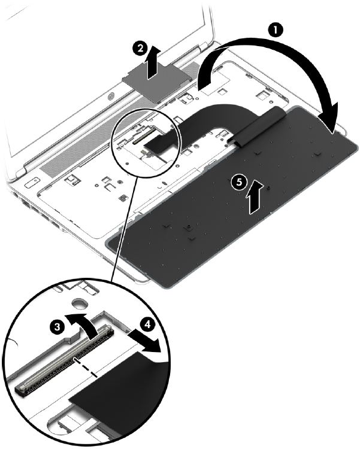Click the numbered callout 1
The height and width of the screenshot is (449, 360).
coord(275,30)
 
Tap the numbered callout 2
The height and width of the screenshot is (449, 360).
coord(140,48)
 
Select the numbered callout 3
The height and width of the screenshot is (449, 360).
coord(58,326)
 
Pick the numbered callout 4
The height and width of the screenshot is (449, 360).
coord(147,324)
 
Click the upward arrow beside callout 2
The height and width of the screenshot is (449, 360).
coord(152,63)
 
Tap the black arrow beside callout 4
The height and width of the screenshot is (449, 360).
coord(143,341)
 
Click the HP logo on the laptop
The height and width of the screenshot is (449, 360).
coord(111,97)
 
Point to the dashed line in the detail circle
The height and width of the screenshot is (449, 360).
coord(85,366)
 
